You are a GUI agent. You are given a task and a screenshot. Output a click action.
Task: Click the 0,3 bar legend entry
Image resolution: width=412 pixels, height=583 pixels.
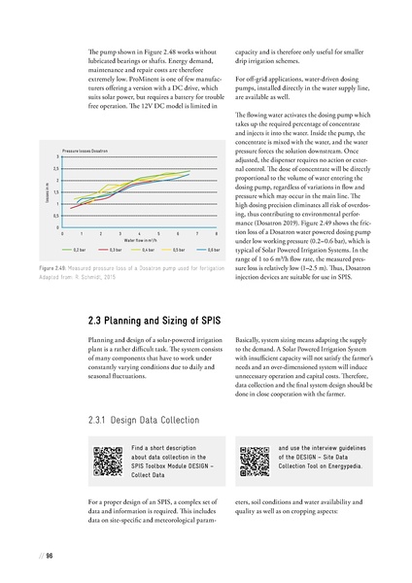[x=117, y=250]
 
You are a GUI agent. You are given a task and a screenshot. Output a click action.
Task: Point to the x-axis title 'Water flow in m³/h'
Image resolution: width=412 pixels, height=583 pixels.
[x=144, y=240]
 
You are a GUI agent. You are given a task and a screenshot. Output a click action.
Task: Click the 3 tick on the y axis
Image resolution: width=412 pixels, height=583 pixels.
[x=57, y=158]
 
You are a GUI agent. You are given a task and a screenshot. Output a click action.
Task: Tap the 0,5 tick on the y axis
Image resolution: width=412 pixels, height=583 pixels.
[x=56, y=216]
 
